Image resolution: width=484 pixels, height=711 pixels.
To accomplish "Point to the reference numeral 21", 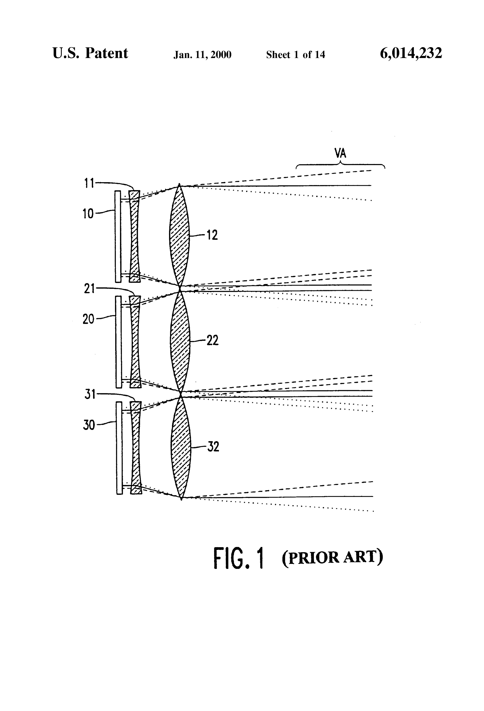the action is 89,289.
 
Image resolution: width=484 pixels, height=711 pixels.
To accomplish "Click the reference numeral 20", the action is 88,319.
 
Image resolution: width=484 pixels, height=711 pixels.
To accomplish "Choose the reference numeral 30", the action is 89,425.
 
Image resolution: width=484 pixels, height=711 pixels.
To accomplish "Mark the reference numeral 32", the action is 213,447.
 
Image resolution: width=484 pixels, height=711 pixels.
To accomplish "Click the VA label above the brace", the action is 340,153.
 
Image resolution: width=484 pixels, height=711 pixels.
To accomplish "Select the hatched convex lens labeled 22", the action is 180,340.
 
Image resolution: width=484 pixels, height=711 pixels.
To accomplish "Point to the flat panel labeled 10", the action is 118,236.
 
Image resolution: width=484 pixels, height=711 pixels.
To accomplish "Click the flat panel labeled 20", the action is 118,342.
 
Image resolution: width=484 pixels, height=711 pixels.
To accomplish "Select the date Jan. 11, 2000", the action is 203,55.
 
